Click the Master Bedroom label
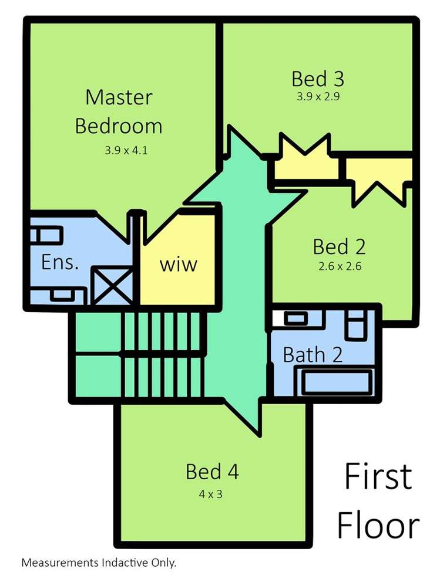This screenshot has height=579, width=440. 119,111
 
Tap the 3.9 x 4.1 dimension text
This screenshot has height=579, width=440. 126,150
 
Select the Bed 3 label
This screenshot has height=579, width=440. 318,79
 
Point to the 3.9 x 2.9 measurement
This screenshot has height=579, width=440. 318,97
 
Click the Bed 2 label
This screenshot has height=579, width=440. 340,246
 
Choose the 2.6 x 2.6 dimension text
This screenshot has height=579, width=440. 340,266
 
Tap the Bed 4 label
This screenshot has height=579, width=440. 212,471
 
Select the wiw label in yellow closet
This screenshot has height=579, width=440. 179,265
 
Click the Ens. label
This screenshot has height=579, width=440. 60,262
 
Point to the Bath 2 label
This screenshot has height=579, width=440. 313,355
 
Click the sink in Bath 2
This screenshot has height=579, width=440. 295,319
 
